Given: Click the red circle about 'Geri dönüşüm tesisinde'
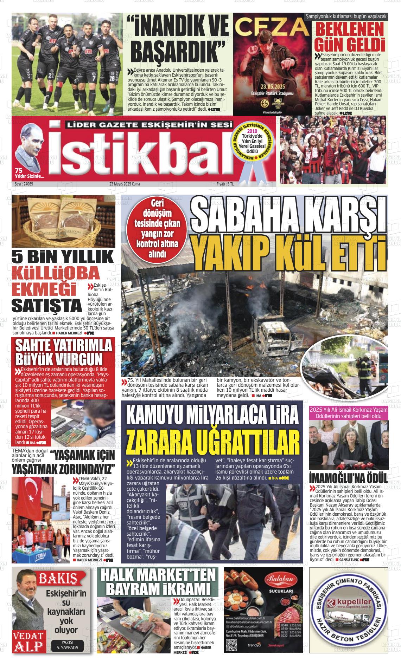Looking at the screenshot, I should [155, 228].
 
